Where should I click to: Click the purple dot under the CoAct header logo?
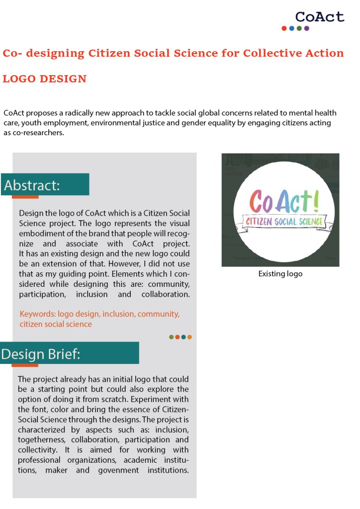coord(307,28)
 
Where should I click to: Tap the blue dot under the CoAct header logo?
coord(292,28)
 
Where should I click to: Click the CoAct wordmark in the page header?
coord(319,17)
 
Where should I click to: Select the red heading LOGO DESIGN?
coord(45,79)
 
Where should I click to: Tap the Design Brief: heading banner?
coord(70,353)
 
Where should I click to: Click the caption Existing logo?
coord(280,274)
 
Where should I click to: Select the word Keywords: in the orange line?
coord(37,314)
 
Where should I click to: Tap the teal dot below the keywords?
coord(183,337)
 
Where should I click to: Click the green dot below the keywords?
coord(172,337)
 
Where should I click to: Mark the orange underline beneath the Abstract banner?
coord(25,197)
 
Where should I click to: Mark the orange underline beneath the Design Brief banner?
coord(25,365)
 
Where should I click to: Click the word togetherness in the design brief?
coord(42,440)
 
